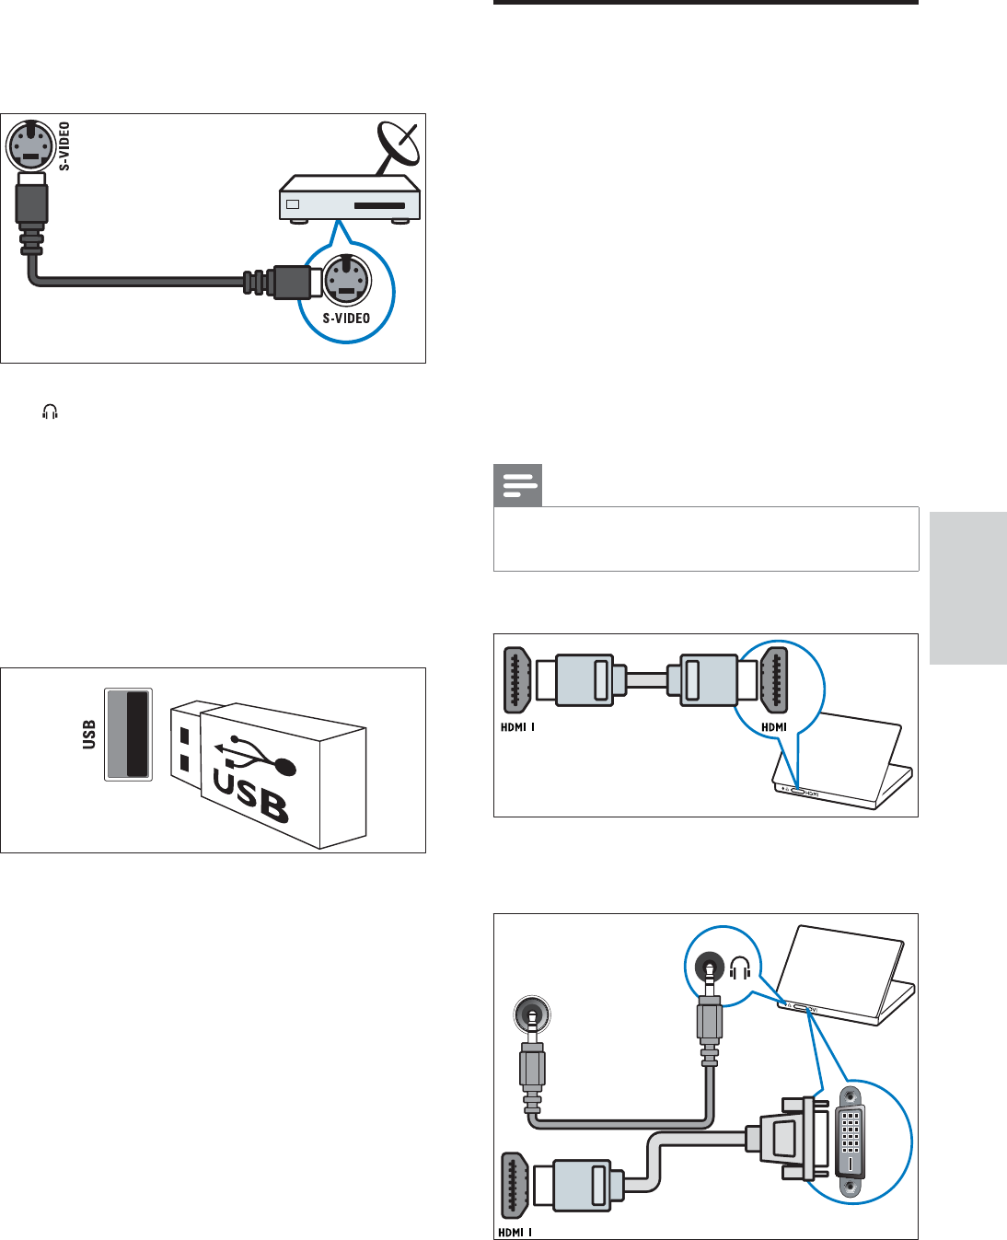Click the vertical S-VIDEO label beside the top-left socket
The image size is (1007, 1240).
(x=65, y=146)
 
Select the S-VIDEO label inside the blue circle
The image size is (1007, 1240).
(x=346, y=319)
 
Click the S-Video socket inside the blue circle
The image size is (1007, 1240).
(x=345, y=278)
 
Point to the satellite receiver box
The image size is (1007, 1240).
(x=350, y=202)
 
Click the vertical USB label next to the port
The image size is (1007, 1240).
(x=89, y=735)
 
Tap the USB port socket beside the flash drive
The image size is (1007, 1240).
(x=129, y=734)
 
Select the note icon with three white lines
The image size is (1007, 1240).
(x=518, y=486)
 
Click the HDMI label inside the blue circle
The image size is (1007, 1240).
(x=774, y=727)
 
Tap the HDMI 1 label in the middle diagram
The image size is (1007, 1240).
(x=517, y=727)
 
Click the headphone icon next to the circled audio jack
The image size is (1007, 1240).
(x=740, y=968)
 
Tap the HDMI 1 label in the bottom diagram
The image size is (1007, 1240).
(x=515, y=1232)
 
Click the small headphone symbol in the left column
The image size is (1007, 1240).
(x=50, y=413)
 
